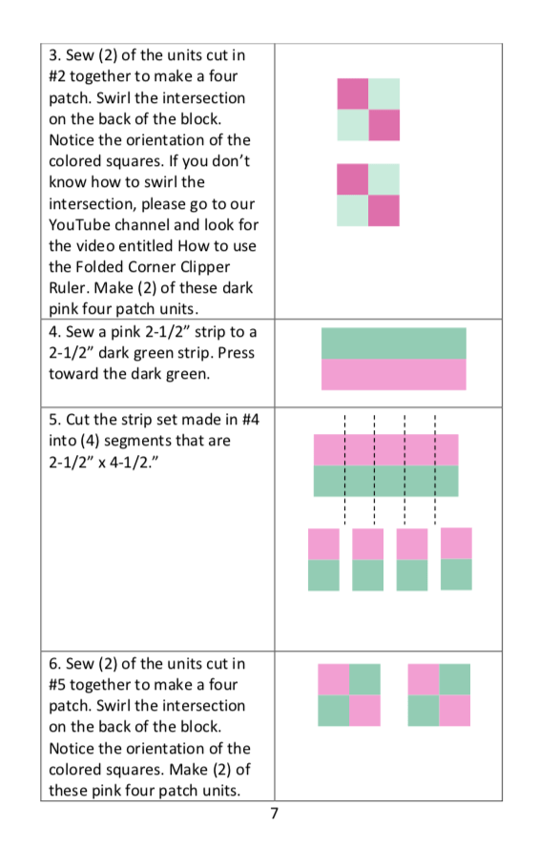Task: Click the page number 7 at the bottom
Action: click(x=275, y=814)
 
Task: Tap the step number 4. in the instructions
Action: click(x=54, y=331)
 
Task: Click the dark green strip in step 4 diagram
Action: click(x=393, y=343)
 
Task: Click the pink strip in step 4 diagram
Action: click(x=393, y=374)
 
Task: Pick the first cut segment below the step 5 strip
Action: click(x=323, y=559)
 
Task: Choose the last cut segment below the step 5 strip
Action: click(x=456, y=559)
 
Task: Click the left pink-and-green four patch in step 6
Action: click(x=348, y=694)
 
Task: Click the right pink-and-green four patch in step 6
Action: click(x=439, y=694)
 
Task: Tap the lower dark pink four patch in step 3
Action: click(x=368, y=195)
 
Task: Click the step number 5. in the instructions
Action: click(x=54, y=420)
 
